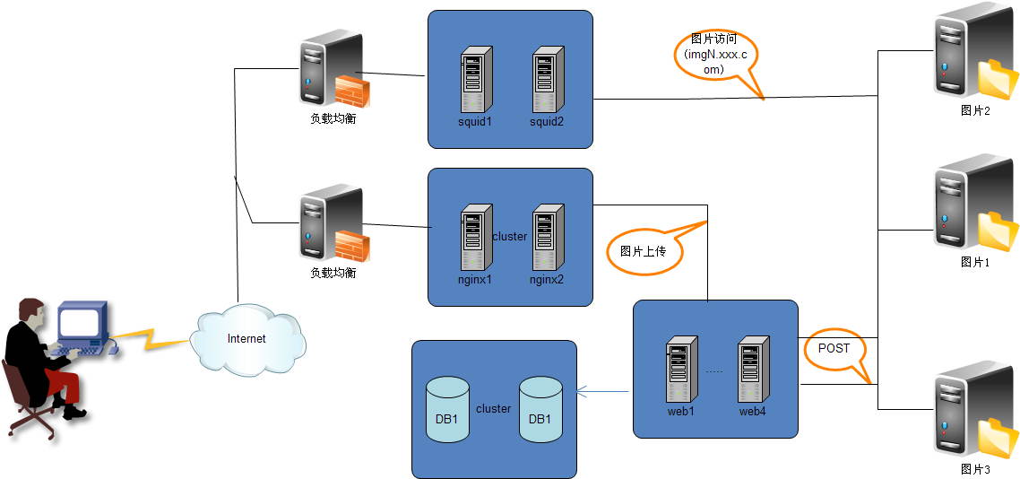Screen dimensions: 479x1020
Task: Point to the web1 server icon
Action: pos(681,369)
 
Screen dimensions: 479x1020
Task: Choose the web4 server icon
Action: pos(754,369)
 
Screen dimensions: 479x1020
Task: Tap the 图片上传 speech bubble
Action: pos(644,251)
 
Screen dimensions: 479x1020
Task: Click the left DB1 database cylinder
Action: pos(447,409)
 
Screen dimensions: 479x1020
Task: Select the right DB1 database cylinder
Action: pos(540,409)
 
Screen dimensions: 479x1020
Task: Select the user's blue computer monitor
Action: pos(82,323)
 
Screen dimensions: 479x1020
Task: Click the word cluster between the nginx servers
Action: pos(510,237)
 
